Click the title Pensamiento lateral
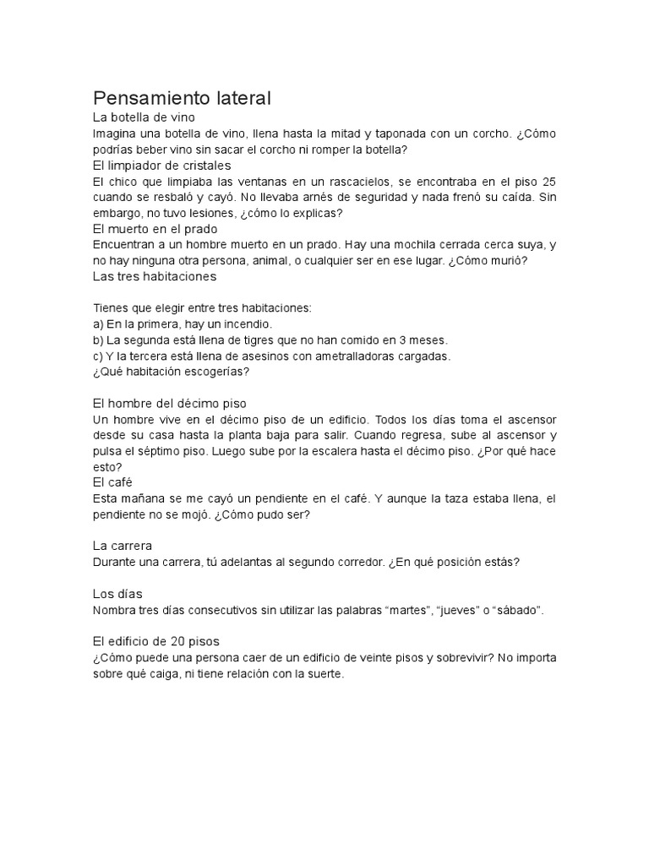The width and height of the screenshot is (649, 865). point(181,98)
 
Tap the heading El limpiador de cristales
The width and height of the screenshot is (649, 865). point(161,165)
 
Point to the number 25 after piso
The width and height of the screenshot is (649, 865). point(548,182)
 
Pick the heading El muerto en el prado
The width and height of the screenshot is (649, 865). point(155,228)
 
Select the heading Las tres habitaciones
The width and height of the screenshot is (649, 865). point(155,275)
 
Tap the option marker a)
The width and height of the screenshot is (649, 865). point(98,324)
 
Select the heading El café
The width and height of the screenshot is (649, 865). point(109,481)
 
